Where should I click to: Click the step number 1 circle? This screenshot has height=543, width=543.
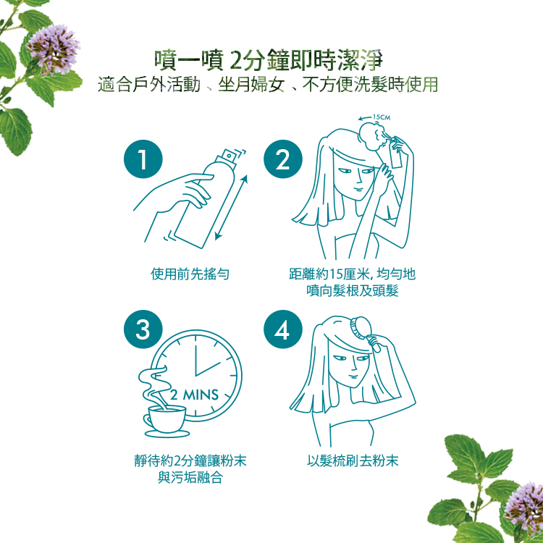click(x=143, y=159)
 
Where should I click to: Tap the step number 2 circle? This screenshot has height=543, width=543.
click(x=283, y=159)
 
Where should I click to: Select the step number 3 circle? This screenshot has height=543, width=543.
click(x=143, y=329)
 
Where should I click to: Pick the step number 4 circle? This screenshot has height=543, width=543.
click(x=283, y=329)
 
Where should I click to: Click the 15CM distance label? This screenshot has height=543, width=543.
click(x=382, y=117)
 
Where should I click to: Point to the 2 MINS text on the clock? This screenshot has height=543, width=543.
click(x=194, y=395)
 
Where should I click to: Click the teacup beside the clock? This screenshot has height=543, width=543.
click(x=167, y=420)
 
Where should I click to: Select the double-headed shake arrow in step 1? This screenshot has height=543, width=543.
click(x=231, y=208)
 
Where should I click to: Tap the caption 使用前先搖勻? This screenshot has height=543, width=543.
click(x=190, y=274)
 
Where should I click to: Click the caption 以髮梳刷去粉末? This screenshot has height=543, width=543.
click(x=353, y=460)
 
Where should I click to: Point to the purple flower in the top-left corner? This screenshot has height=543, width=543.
click(x=54, y=49)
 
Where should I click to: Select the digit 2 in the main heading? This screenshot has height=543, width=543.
click(x=235, y=61)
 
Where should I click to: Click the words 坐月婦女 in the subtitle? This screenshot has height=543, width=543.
click(x=251, y=85)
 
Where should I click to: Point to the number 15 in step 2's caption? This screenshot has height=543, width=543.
click(x=335, y=274)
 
